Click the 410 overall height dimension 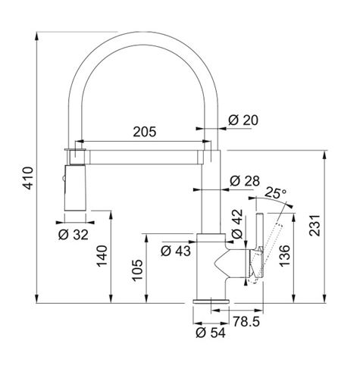tap(28, 178)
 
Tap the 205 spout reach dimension tap(145, 132)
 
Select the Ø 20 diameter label tap(243, 120)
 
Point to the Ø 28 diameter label tap(245, 181)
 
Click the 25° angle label tap(275, 193)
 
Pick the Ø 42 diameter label tap(237, 223)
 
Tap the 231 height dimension tap(315, 226)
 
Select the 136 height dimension tap(284, 255)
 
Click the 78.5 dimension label tap(246, 321)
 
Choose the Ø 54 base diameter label tap(211, 333)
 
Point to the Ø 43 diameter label tap(176, 251)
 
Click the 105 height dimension tap(137, 270)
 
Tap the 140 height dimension tap(102, 256)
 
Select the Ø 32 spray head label tap(74, 235)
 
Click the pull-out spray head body tap(75, 188)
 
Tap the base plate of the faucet tap(211, 301)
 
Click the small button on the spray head tap(64, 179)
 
